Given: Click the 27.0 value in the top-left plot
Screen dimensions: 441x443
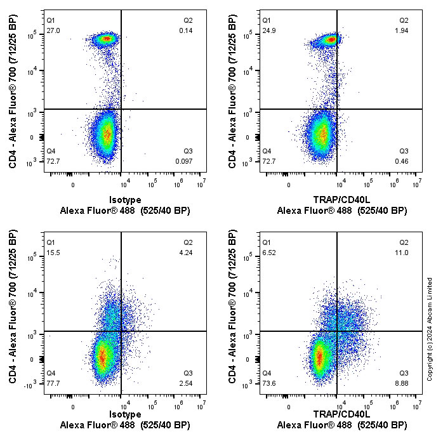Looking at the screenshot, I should tap(53, 30).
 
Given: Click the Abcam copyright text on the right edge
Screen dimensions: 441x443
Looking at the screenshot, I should tap(430, 329).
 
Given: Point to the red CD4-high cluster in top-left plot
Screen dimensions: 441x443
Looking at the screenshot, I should tap(106, 39).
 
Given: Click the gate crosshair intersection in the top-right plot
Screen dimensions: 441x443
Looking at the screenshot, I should tap(337, 109).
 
